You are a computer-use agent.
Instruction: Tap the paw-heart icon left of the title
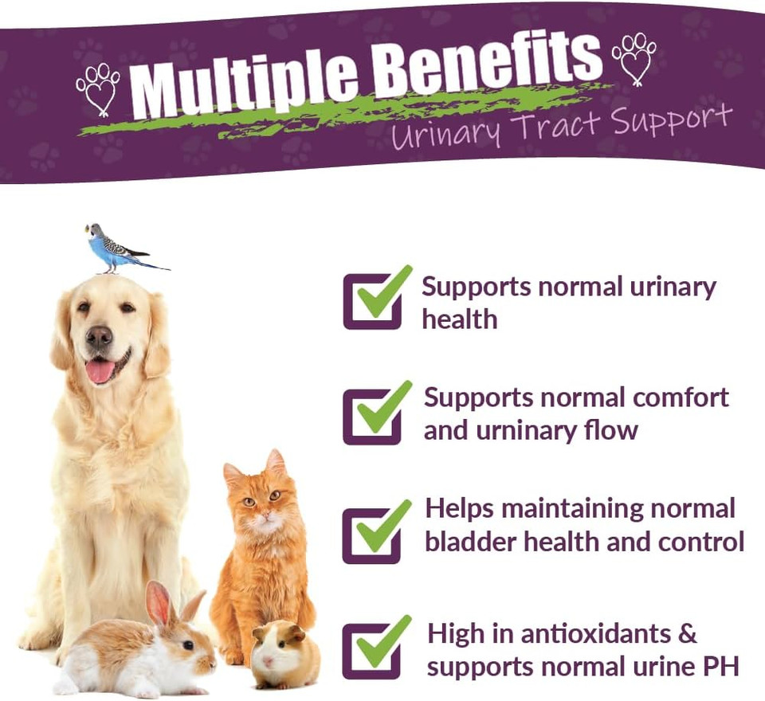pyautogui.click(x=97, y=88)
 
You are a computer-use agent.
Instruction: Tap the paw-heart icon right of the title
pyautogui.click(x=634, y=58)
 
